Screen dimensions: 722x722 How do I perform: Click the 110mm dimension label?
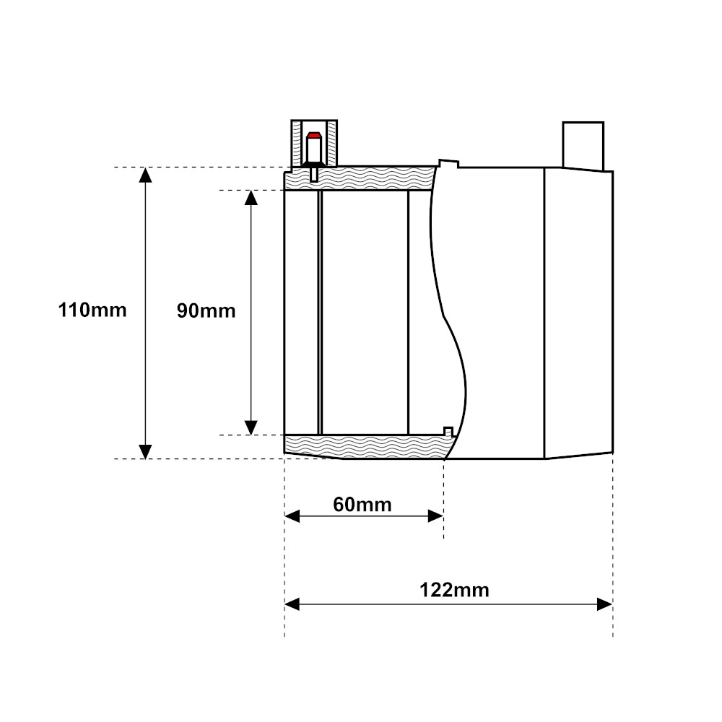tap(92, 310)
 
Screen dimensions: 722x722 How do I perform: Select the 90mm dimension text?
tap(206, 310)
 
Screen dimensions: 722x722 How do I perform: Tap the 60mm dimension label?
tap(362, 505)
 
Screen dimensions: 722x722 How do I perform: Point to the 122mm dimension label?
tap(454, 590)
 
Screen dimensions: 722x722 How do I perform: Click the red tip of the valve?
tap(314, 135)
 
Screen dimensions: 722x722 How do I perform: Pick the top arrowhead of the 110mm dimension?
tap(146, 175)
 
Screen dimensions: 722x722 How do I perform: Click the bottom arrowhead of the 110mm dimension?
tap(146, 452)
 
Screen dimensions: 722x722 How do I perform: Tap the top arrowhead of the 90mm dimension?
tap(251, 198)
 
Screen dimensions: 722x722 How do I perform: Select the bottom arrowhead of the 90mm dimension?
tap(251, 427)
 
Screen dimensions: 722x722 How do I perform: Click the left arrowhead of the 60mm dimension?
tap(292, 516)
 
